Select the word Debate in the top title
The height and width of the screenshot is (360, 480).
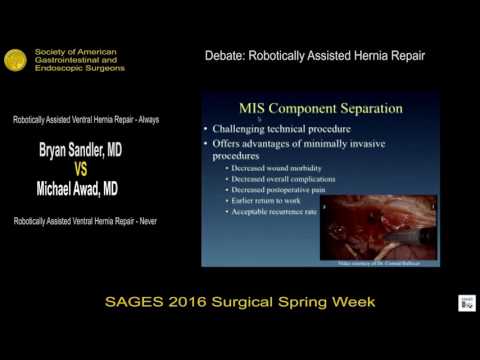(225, 55)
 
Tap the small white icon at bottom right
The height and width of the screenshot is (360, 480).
(466, 303)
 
